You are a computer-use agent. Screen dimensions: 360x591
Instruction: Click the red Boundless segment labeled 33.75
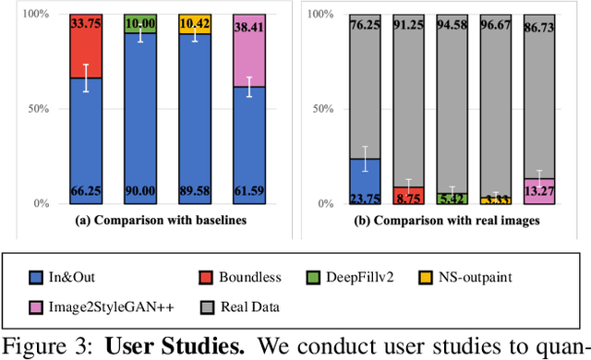click(86, 46)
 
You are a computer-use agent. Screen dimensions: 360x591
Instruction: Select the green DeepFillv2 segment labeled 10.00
click(140, 23)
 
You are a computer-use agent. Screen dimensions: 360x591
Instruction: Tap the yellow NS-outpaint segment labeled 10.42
click(195, 24)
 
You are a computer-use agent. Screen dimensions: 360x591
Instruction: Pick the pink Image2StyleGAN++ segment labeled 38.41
click(249, 51)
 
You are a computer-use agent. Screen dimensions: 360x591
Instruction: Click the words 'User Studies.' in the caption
click(167, 346)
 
